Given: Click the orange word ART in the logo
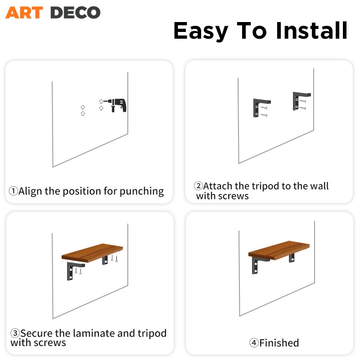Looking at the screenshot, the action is [24, 13].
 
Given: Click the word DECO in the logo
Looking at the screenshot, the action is [75, 13].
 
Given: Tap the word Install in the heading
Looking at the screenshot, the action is [311, 31].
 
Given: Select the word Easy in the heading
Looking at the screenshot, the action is [201, 31].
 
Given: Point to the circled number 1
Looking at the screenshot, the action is [13, 191].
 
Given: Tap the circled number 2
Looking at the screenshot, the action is [198, 186].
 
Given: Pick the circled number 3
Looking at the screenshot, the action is [15, 333].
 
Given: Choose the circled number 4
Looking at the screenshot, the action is [254, 343].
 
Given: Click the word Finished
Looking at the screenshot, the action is [279, 343].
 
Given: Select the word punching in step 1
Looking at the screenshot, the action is [142, 191].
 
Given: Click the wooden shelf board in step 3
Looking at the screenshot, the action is [92, 252].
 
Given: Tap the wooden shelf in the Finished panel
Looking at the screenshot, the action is [279, 250].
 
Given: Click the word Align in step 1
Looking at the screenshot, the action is [30, 191].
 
